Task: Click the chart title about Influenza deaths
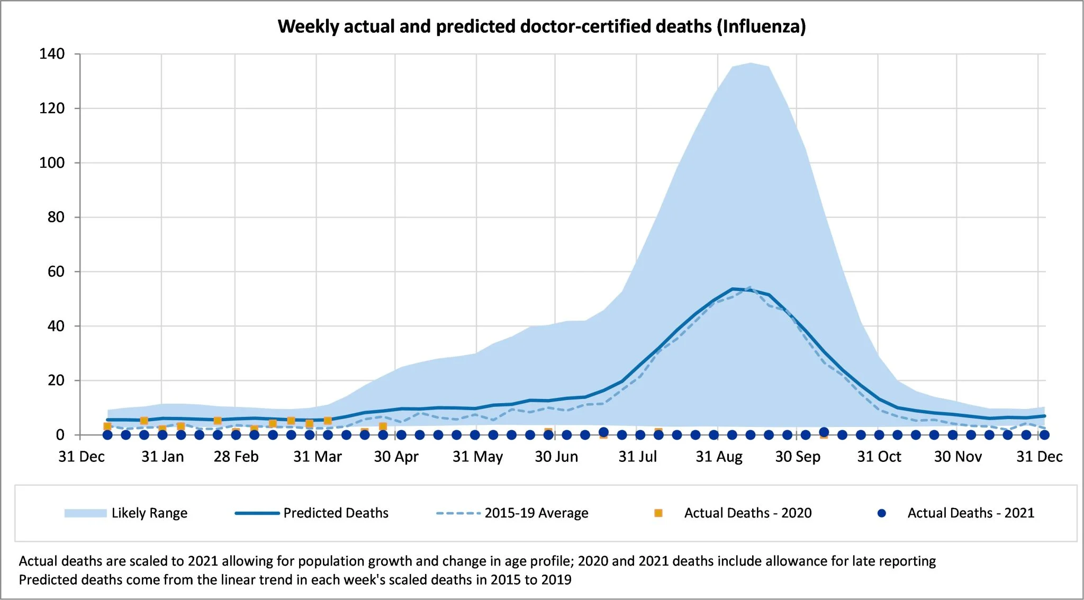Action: click(x=541, y=26)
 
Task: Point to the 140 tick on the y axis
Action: click(x=52, y=54)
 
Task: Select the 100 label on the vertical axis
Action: click(x=52, y=163)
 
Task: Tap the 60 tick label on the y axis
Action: click(x=56, y=272)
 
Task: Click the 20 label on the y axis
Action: click(x=56, y=380)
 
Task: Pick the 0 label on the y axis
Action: click(x=60, y=435)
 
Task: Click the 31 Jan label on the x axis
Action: click(x=162, y=457)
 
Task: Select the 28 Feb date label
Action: click(x=236, y=457)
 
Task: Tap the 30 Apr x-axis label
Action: click(x=396, y=457)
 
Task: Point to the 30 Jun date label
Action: click(x=556, y=457)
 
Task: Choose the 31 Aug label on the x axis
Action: click(x=719, y=457)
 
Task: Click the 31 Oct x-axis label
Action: click(x=879, y=457)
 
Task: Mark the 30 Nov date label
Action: click(x=957, y=457)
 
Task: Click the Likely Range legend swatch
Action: click(x=85, y=513)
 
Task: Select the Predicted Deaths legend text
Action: click(x=336, y=513)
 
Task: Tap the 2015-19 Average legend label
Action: click(x=536, y=513)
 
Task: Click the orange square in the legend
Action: click(x=658, y=513)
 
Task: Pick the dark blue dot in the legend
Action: click(x=882, y=513)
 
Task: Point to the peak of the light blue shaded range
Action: click(x=751, y=63)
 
